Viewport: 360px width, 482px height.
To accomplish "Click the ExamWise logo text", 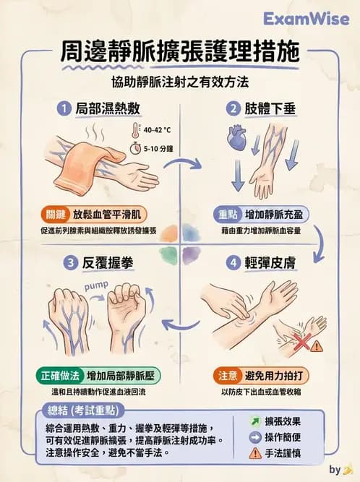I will (306, 18).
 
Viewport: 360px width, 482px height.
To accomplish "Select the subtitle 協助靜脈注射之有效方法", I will (179, 82).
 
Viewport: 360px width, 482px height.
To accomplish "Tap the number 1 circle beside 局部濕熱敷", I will (63, 109).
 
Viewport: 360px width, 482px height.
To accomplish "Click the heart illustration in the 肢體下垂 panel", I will (237, 136).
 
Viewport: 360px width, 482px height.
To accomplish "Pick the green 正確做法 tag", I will (58, 376).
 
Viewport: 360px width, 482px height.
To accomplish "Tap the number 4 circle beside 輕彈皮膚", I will (233, 264).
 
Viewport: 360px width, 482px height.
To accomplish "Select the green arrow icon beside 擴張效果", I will (254, 421).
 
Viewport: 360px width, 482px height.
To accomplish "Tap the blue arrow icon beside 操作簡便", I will (254, 437).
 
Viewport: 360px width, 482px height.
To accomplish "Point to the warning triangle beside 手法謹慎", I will (254, 454).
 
